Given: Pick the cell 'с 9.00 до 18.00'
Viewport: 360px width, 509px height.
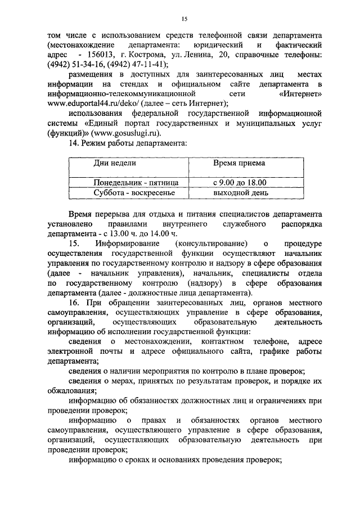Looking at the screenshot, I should tap(240, 182).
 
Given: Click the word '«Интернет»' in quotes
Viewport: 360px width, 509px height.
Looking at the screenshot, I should tap(299, 94).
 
